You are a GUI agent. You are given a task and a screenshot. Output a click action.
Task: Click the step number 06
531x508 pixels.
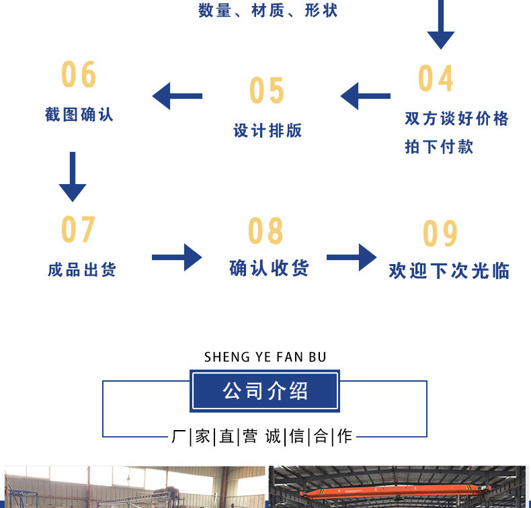point(79,75)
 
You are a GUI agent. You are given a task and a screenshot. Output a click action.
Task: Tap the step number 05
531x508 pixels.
point(267,91)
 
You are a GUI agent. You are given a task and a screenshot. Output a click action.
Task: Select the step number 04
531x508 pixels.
point(436,79)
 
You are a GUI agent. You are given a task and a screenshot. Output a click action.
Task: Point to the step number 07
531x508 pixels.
point(79,230)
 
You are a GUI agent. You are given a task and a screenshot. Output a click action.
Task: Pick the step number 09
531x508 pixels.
point(440,234)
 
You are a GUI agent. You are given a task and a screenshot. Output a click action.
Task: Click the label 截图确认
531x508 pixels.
point(79,114)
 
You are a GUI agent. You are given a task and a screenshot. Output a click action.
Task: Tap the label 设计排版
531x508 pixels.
point(268,130)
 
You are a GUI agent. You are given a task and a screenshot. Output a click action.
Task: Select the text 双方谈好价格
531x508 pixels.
point(456,119)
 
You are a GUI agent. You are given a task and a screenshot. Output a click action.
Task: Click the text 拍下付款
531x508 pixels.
point(439,146)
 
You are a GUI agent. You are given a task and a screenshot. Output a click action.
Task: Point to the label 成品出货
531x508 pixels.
point(82,269)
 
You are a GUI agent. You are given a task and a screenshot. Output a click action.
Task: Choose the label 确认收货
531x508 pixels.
point(269,268)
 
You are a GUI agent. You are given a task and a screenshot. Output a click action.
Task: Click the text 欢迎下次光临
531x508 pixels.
point(449,271)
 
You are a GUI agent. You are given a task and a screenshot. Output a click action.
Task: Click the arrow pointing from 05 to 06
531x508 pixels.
point(177,96)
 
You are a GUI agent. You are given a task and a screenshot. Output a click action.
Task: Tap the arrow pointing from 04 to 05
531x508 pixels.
point(365,96)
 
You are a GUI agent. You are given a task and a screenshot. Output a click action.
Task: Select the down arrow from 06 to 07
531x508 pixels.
point(73,177)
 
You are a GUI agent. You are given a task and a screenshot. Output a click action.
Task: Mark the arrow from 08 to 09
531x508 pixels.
point(352,257)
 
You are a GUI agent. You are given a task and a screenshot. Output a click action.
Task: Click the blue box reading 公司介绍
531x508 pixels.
point(265,390)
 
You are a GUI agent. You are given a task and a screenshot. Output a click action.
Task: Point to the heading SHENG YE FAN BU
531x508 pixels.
point(265,357)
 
